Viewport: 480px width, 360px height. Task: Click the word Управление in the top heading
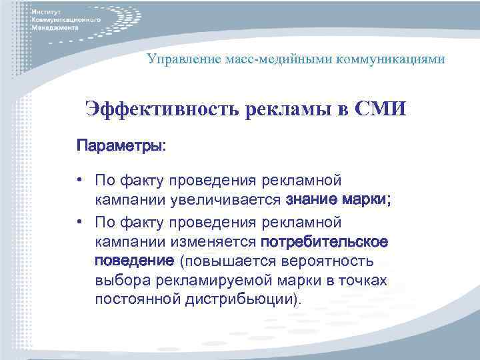coord(180,59)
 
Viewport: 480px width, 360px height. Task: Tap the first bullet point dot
coord(79,180)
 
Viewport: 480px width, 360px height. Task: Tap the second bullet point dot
coord(79,221)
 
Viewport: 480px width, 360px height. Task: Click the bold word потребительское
coord(326,240)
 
